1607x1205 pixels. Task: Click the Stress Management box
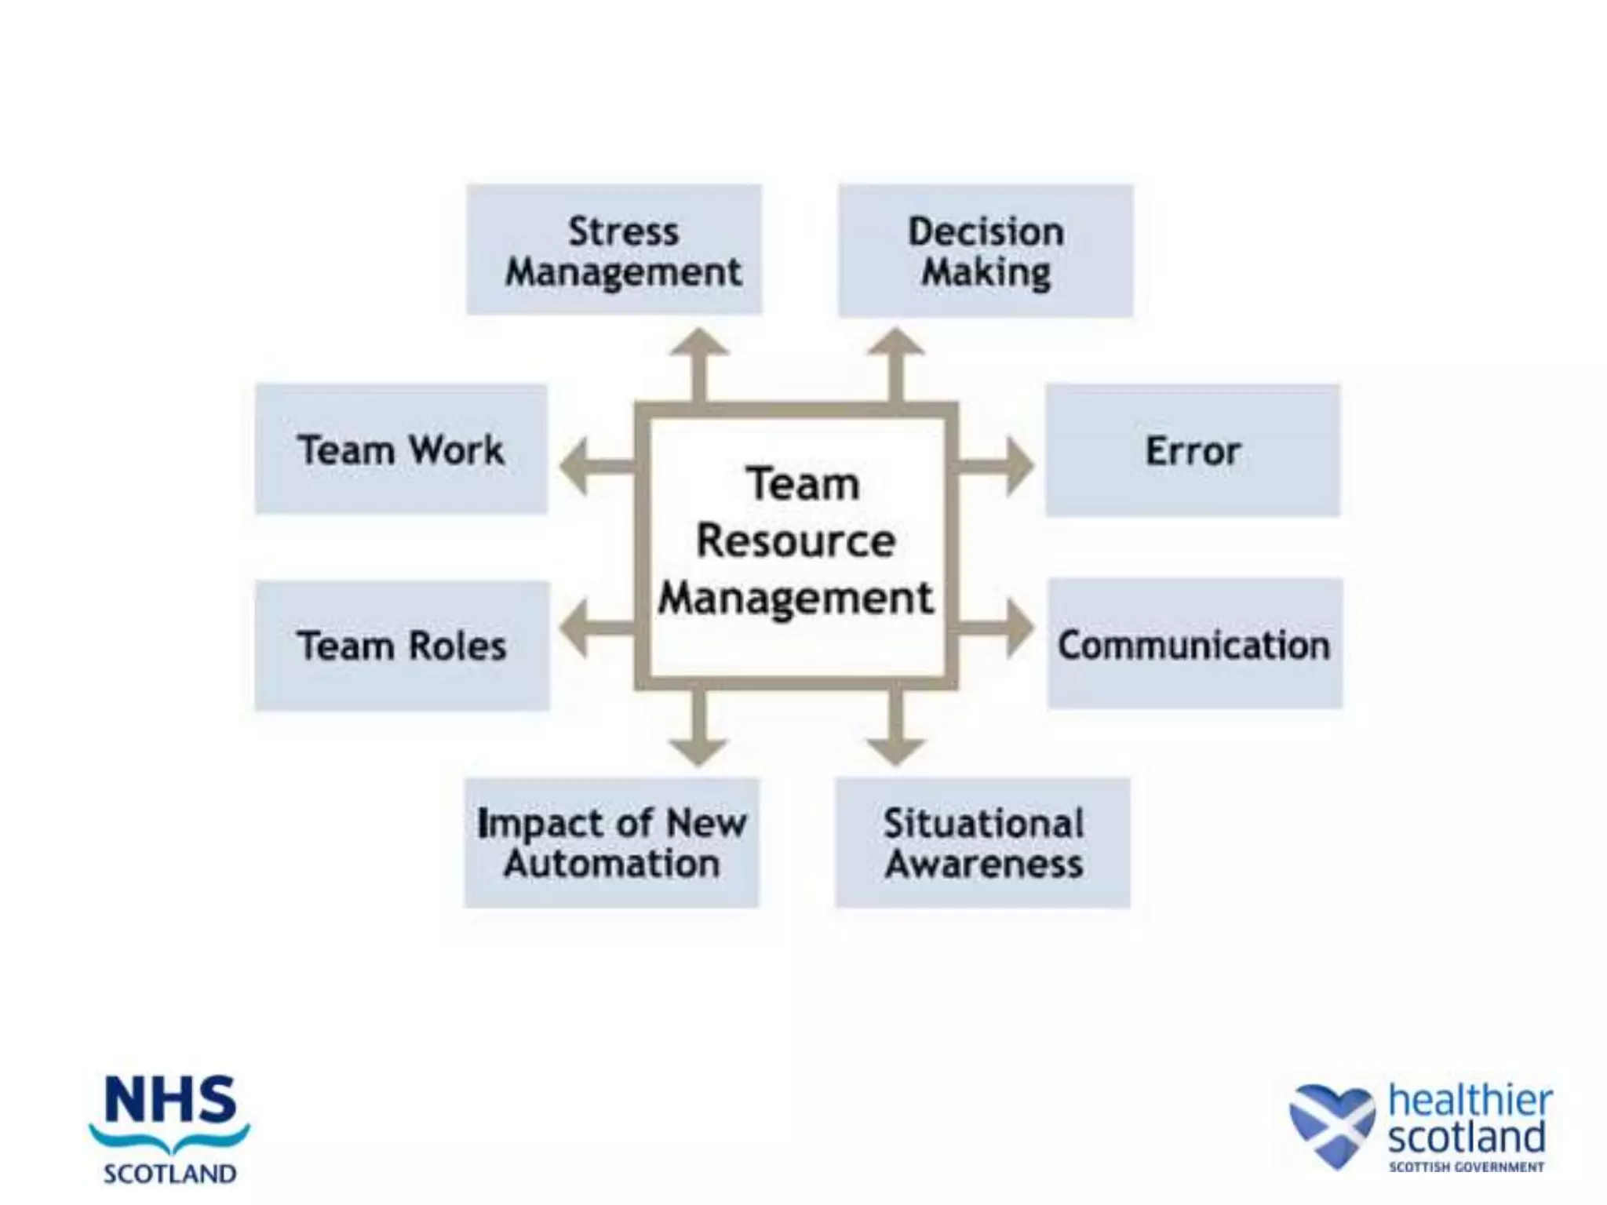pyautogui.click(x=614, y=249)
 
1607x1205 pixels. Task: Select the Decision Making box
pyautogui.click(x=985, y=250)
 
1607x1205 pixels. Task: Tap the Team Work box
pyautogui.click(x=401, y=449)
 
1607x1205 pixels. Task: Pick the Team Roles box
pyautogui.click(x=402, y=646)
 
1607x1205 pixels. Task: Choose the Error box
pyautogui.click(x=1193, y=450)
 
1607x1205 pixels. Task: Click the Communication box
pyautogui.click(x=1194, y=644)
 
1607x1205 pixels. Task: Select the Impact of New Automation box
pyautogui.click(x=611, y=843)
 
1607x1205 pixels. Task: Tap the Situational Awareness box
pyautogui.click(x=982, y=843)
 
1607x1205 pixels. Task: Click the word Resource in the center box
pyautogui.click(x=796, y=541)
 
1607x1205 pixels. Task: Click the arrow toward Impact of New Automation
pyautogui.click(x=698, y=730)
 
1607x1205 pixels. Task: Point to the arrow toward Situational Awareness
pyautogui.click(x=895, y=730)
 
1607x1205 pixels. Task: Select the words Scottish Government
pyautogui.click(x=1466, y=1167)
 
